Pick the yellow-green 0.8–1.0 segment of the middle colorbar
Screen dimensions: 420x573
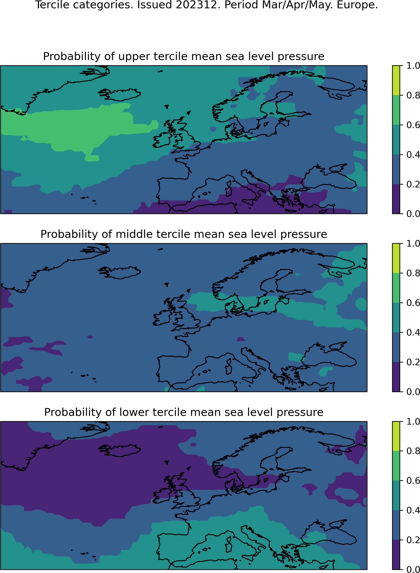point(396,258)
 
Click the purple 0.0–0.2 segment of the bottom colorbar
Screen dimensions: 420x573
point(396,554)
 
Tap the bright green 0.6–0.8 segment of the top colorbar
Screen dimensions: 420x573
point(396,110)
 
